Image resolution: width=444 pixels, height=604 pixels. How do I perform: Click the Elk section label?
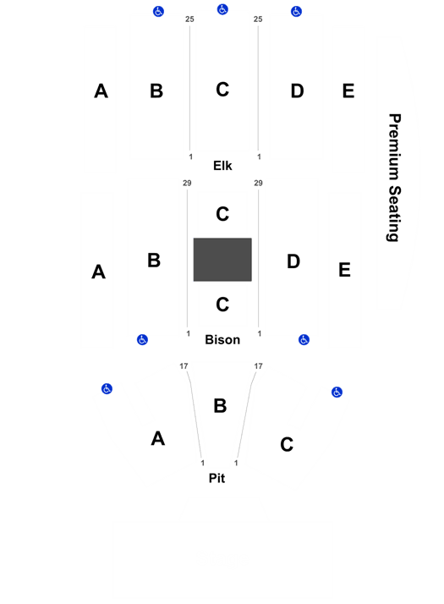pos(222,166)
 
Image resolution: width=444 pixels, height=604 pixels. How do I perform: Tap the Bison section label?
pos(222,340)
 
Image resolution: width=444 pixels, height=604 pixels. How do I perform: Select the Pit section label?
pos(217,478)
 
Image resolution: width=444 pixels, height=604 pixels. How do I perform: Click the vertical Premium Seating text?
pos(394,178)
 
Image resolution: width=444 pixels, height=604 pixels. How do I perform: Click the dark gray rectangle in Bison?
pos(222,260)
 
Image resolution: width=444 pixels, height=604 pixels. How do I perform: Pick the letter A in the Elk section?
pos(101,91)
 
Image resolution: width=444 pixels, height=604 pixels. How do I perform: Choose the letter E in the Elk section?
pos(348,91)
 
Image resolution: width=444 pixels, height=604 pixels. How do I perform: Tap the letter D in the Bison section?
pos(293,261)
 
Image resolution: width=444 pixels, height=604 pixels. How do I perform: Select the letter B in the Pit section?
pos(220,406)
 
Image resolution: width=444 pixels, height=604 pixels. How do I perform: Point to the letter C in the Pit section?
pos(287,444)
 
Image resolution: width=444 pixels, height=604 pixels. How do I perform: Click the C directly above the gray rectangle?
pos(222,214)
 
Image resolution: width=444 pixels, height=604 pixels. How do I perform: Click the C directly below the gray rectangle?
pos(222,305)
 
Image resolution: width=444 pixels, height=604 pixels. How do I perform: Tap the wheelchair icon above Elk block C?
pos(222,9)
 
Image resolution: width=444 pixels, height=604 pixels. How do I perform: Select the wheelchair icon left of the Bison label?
pos(142,340)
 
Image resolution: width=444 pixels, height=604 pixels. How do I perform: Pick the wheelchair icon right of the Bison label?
pos(304,340)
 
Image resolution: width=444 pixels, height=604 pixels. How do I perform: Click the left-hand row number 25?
pos(189,19)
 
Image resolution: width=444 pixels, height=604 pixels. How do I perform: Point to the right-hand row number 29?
pos(259,183)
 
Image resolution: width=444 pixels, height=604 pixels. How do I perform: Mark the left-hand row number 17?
pos(184,366)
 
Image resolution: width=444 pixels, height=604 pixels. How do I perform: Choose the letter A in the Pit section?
pos(158,439)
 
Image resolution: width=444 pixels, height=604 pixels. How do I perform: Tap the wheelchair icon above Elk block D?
pos(296,12)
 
